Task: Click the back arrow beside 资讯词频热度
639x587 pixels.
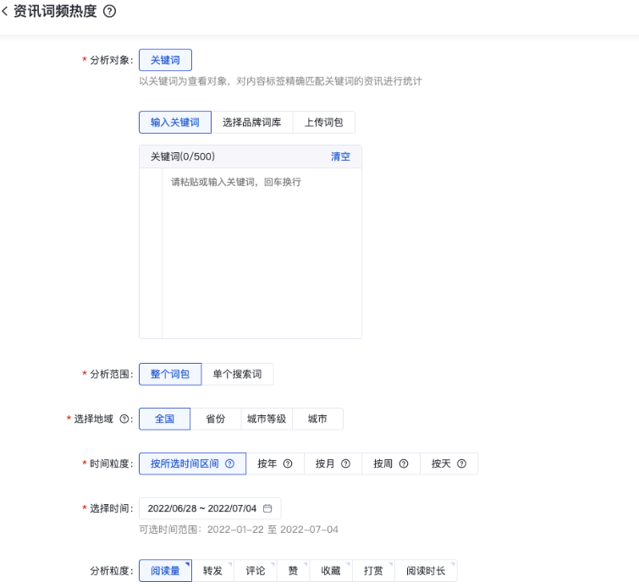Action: tap(5, 12)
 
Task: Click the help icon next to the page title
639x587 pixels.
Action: tap(108, 12)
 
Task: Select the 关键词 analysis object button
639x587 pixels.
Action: tap(165, 60)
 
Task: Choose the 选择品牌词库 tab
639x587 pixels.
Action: tap(252, 123)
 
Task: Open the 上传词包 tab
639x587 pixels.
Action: tap(324, 123)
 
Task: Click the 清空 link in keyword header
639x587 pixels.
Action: tap(340, 156)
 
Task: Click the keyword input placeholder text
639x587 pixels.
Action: tap(236, 182)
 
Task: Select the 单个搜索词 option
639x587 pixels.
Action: tap(237, 374)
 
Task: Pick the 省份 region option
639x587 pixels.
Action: tap(216, 419)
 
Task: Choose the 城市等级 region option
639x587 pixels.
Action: tap(267, 419)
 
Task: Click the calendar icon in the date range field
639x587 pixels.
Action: tap(267, 508)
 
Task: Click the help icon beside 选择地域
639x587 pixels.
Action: tap(125, 419)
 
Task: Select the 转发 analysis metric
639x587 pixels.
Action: tap(213, 571)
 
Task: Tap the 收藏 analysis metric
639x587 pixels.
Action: tap(331, 571)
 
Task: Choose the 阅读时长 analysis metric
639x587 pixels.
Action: tap(425, 571)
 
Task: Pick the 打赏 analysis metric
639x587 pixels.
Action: tap(373, 571)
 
